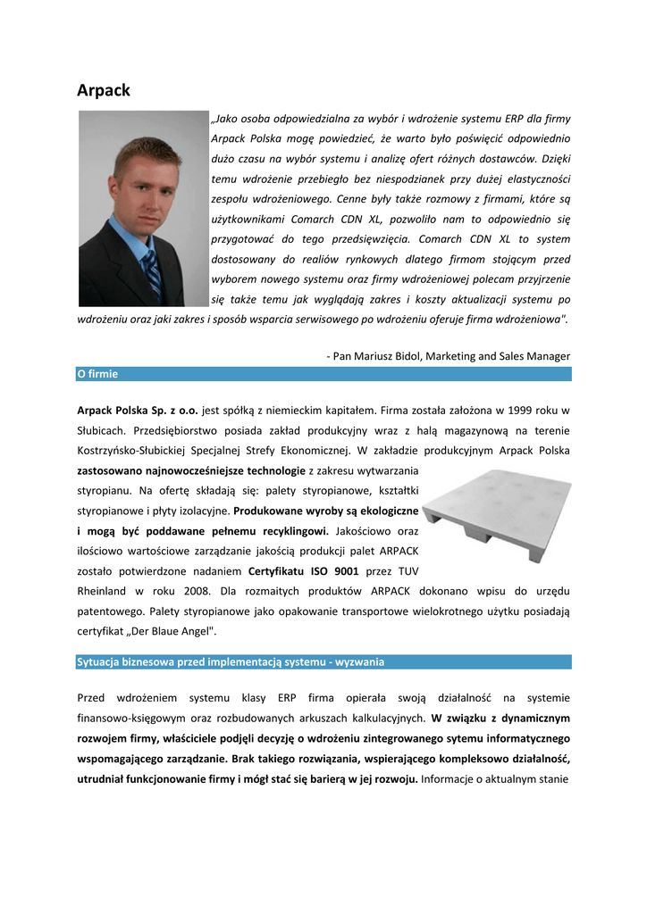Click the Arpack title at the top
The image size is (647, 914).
[x=104, y=90]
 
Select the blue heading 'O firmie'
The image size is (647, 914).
[x=97, y=374]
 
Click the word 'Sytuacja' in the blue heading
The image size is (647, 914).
[x=101, y=662]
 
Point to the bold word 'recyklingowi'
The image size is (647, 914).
[x=291, y=530]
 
